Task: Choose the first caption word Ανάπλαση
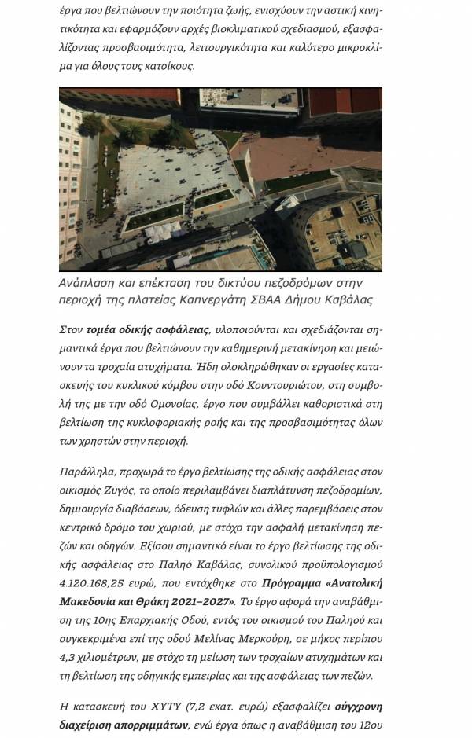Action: (86, 282)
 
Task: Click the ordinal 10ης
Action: (112, 621)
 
